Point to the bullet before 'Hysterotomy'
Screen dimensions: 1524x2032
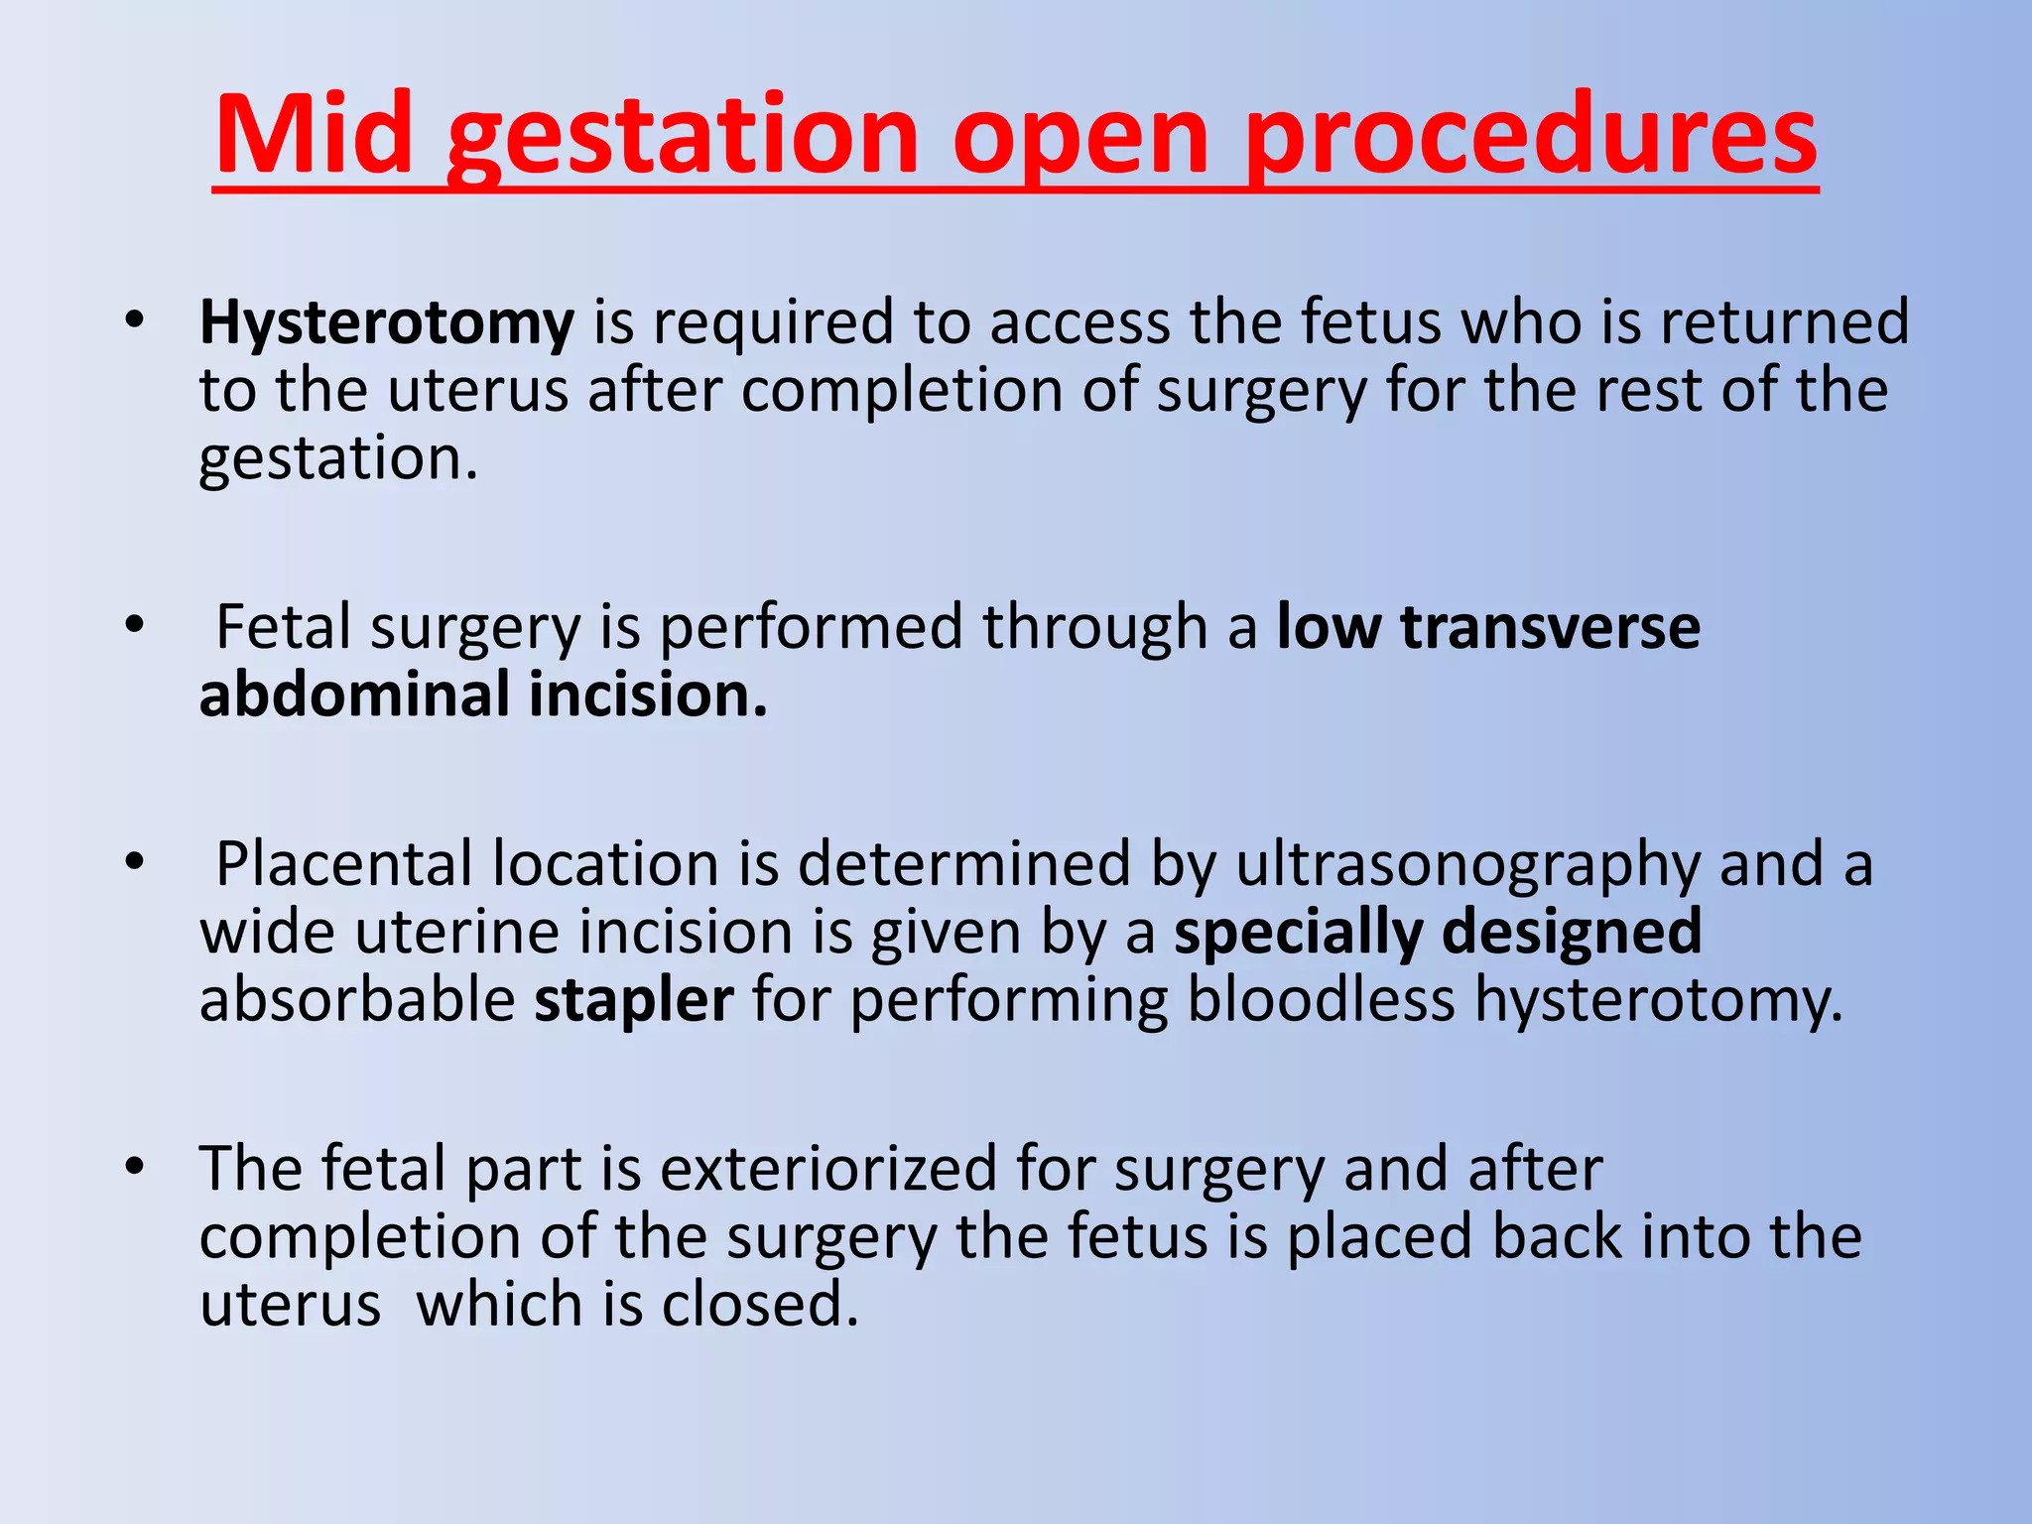(135, 320)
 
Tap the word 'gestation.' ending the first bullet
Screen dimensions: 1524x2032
(338, 460)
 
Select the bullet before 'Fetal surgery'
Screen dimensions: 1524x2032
(135, 626)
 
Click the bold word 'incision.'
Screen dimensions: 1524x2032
(649, 695)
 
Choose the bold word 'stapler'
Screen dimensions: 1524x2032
(634, 1000)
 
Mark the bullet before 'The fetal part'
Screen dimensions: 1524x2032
(135, 1167)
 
